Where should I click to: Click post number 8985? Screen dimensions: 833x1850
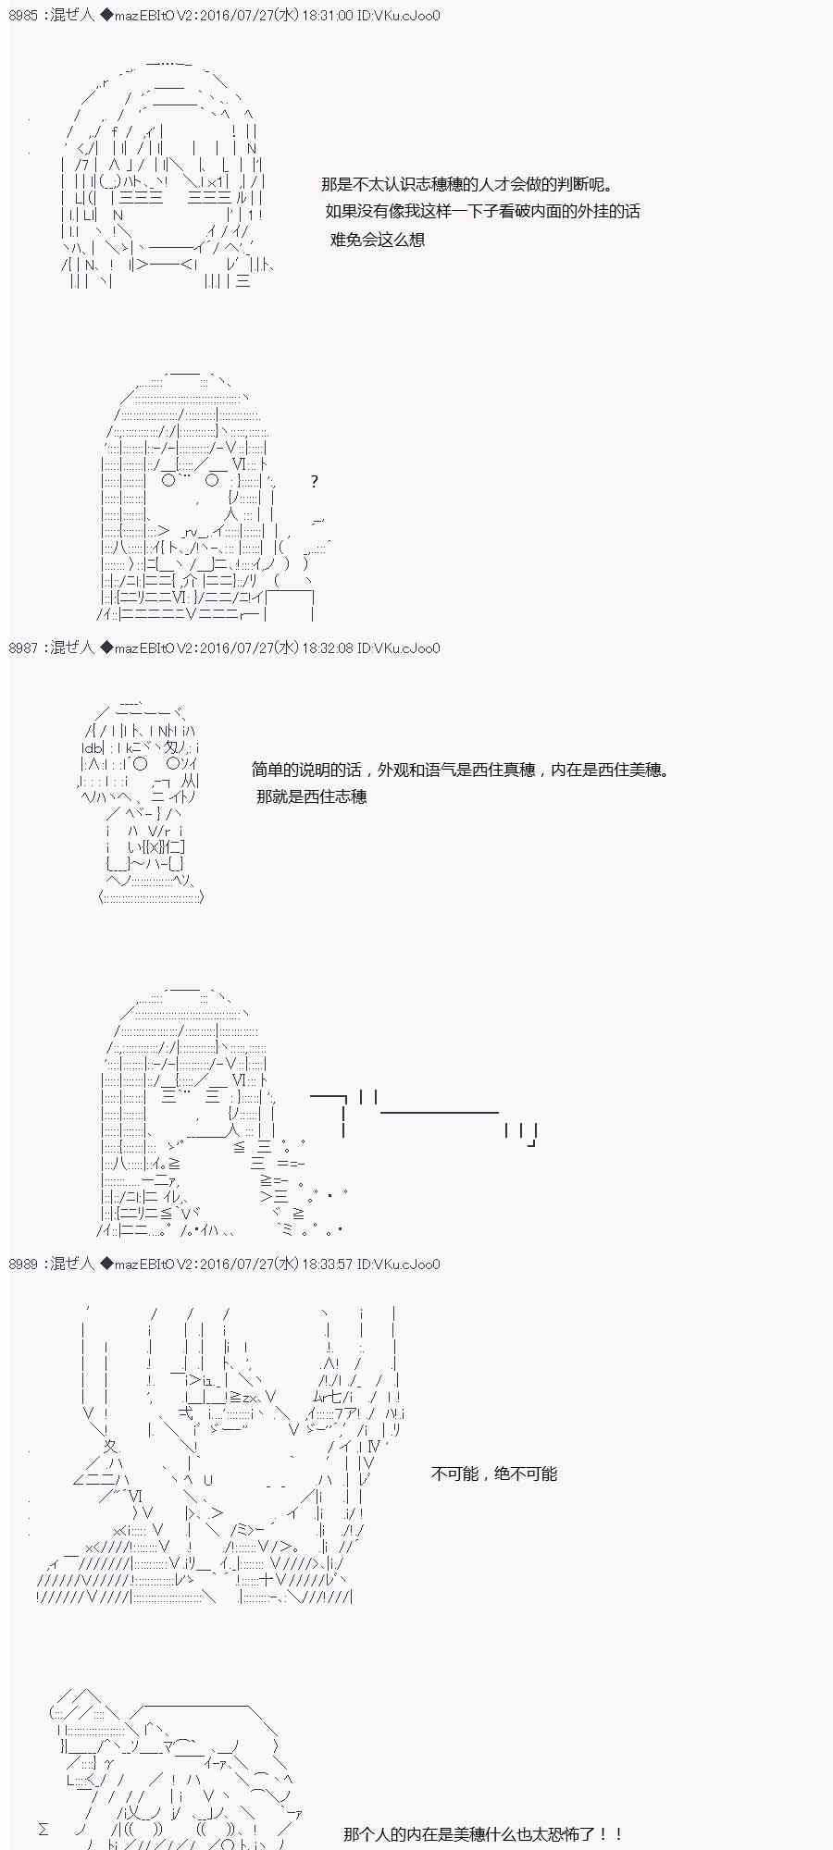24,16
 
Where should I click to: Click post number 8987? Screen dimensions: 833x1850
24,647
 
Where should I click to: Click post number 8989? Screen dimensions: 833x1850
24,1264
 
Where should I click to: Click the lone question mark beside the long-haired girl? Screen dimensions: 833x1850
315,481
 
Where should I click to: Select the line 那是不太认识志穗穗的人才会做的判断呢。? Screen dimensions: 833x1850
467,185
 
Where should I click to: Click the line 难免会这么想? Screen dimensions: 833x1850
378,240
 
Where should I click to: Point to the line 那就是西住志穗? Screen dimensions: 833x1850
312,796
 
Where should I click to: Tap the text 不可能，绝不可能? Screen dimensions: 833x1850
494,1474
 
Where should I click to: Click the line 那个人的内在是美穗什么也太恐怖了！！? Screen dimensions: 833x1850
483,1833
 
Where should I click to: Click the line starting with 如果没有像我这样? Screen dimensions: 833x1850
483,212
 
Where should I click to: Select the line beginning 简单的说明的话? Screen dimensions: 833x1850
461,770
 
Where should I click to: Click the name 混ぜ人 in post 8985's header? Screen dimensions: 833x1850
72,16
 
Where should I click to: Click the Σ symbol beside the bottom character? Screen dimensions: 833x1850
44,1830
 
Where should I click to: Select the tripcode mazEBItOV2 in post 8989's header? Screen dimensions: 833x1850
155,1264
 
